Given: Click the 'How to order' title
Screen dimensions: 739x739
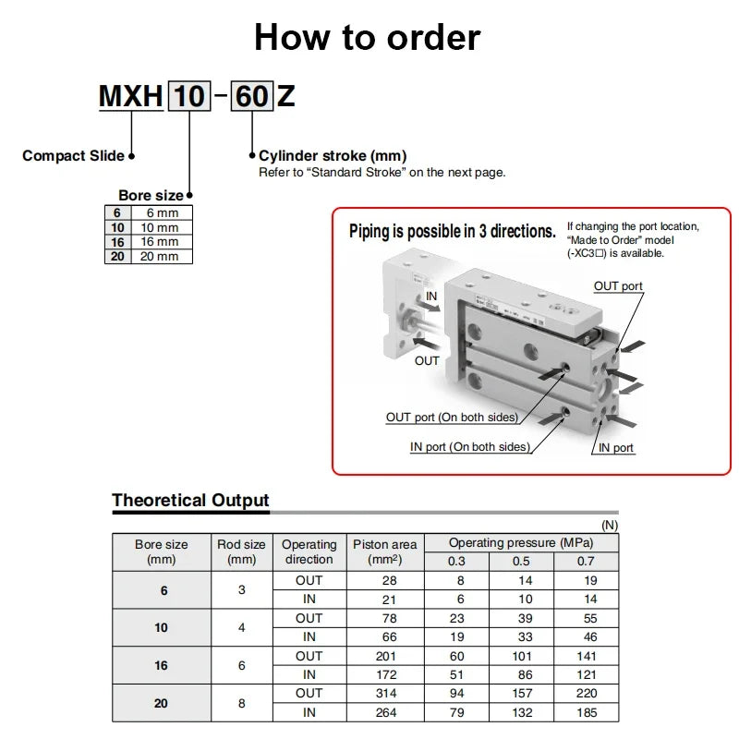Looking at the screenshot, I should pos(368,38).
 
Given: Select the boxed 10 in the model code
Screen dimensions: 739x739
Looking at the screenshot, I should pos(188,96).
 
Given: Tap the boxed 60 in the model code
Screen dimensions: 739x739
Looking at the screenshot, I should pos(251,96).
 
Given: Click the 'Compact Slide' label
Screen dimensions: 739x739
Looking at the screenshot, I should pos(73,155).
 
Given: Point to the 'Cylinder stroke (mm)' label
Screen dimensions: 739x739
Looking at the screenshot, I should pos(333,156).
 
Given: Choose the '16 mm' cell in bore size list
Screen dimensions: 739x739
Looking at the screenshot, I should pos(161,242).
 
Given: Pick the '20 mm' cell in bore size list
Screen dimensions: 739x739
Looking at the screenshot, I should pos(161,256).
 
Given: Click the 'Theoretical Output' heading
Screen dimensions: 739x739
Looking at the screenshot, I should pos(190,501).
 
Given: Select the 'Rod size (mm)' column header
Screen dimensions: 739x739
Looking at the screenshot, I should pos(241,551).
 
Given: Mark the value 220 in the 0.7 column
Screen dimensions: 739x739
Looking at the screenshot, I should pos(587,693).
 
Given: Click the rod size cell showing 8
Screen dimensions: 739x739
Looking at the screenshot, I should pos(241,703).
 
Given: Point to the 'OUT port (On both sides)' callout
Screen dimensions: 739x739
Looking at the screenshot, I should pos(452,418).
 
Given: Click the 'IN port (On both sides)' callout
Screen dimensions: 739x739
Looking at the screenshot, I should pos(470,447).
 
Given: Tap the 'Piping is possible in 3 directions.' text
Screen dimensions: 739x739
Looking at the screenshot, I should pos(452,232).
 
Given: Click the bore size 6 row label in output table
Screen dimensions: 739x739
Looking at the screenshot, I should pos(161,589).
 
